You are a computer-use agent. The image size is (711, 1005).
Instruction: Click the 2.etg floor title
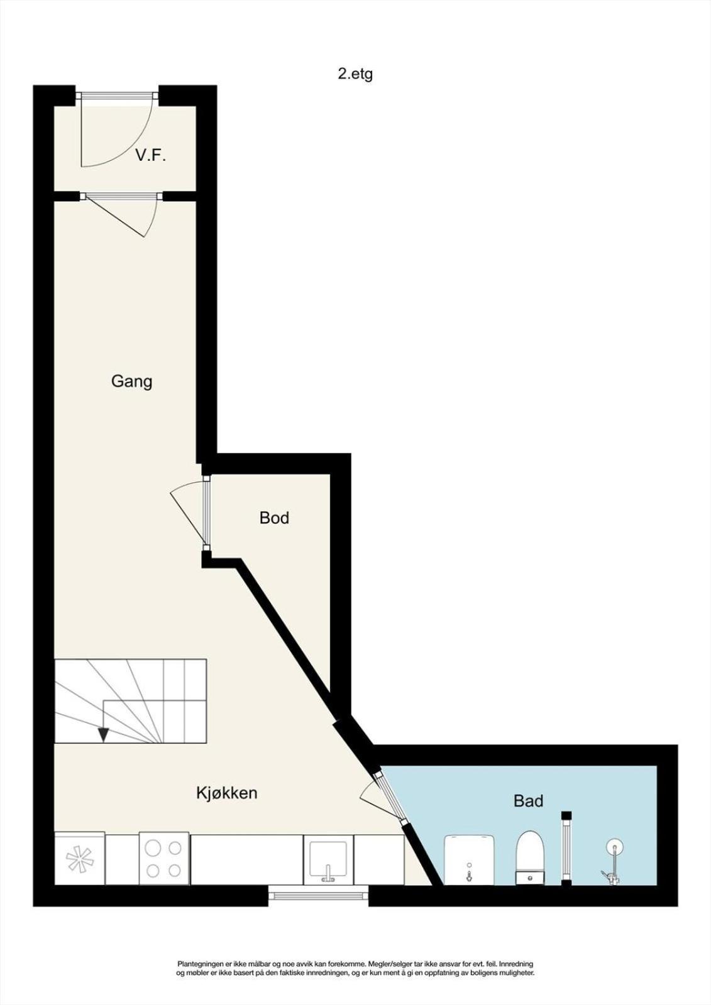355,75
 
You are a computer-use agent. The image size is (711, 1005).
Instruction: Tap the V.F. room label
151,156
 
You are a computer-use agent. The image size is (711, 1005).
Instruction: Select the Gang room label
131,382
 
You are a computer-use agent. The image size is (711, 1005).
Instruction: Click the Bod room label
274,518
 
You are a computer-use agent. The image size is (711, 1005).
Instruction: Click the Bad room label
529,800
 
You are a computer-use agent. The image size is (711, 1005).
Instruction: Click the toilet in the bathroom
531,858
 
